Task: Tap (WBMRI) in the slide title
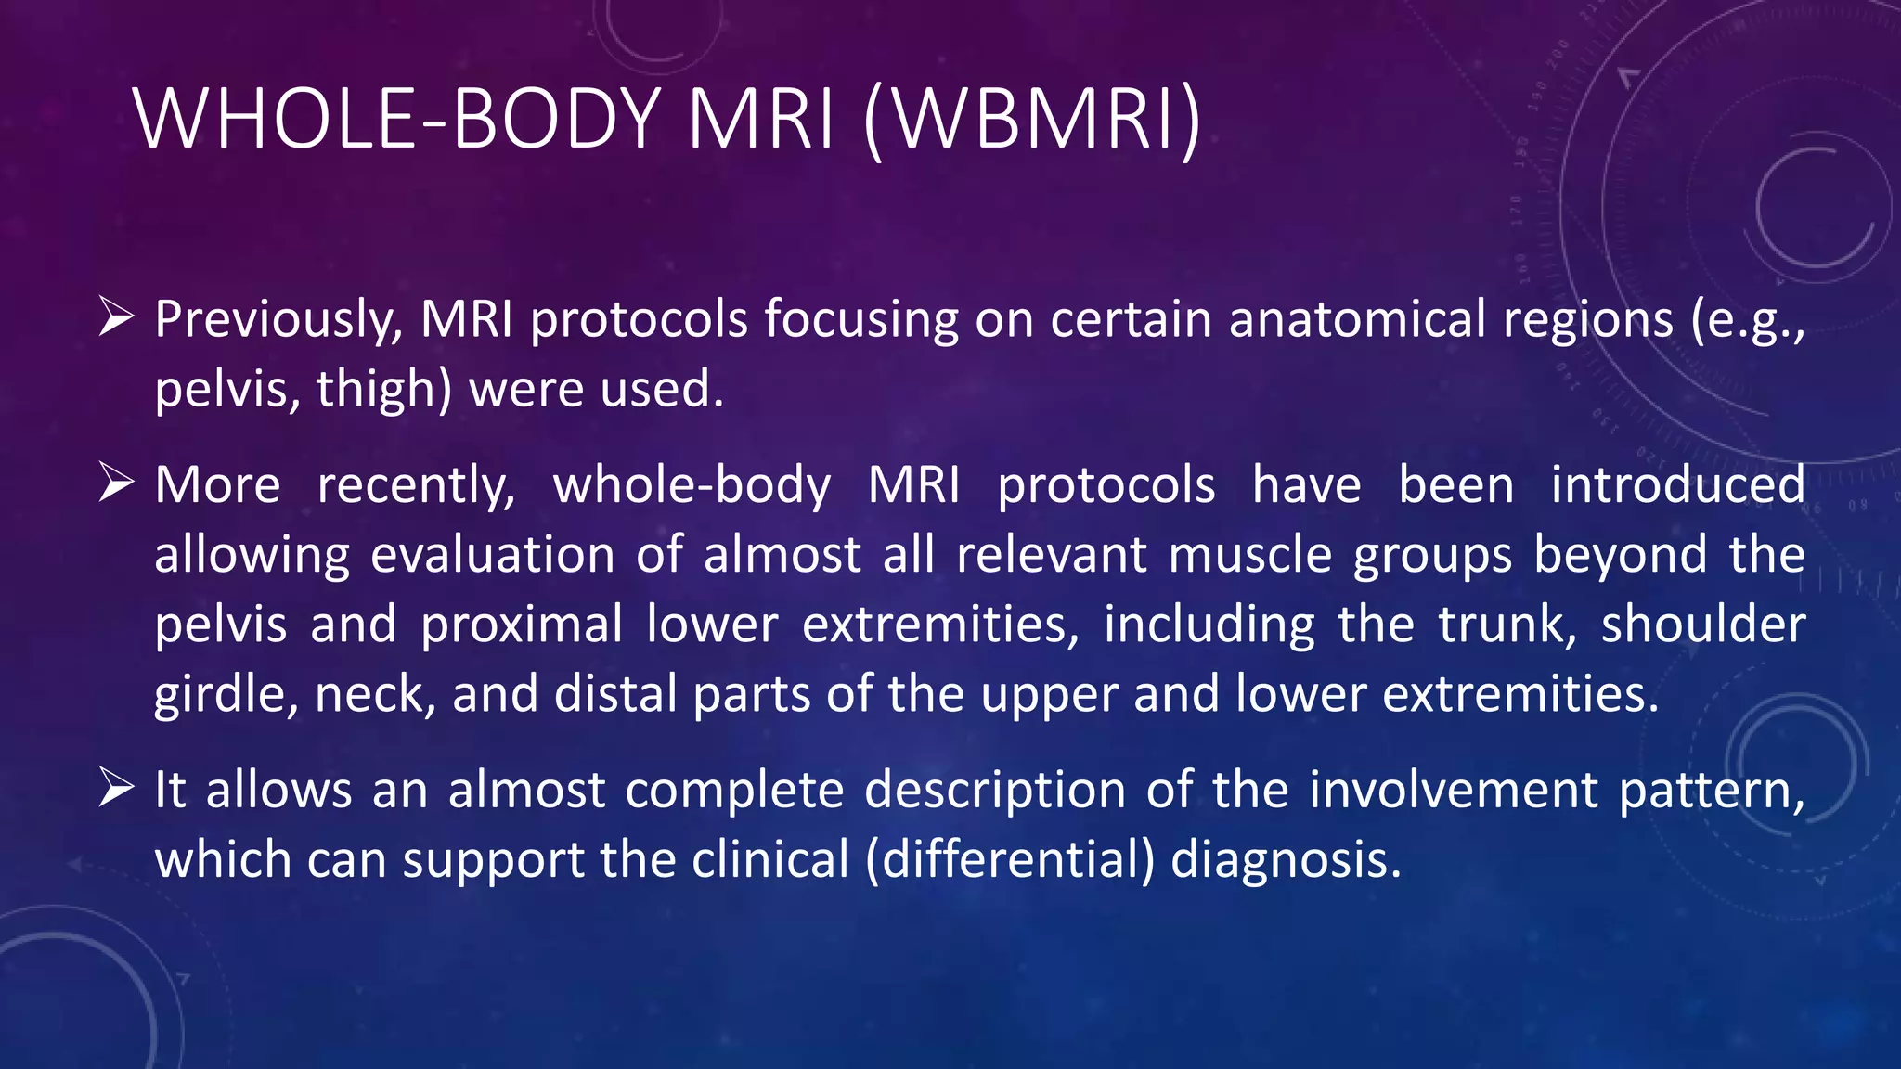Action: coord(1031,119)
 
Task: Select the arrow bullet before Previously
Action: coord(117,317)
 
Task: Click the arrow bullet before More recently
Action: coord(117,483)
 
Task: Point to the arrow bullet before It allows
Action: coord(117,789)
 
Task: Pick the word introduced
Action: coord(1677,485)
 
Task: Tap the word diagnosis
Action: coord(1285,859)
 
